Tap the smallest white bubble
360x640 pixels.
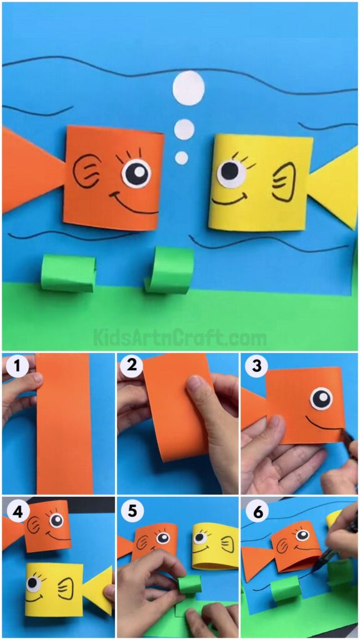[181, 157]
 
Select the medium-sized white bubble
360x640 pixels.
[184, 129]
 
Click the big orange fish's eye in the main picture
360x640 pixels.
[136, 172]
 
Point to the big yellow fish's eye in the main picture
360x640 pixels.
[232, 172]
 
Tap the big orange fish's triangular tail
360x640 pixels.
[31, 169]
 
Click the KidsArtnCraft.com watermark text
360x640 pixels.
[180, 339]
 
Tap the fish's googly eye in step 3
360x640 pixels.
[322, 398]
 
